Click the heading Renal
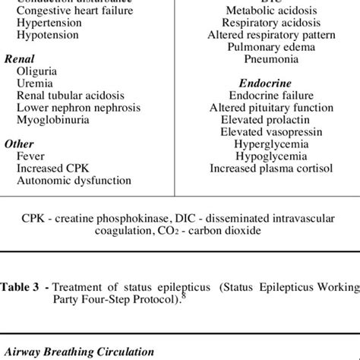21,58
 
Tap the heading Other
19,144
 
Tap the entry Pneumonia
265,58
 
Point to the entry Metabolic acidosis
265,11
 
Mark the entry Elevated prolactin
265,119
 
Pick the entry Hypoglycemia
265,156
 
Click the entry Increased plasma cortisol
265,168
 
